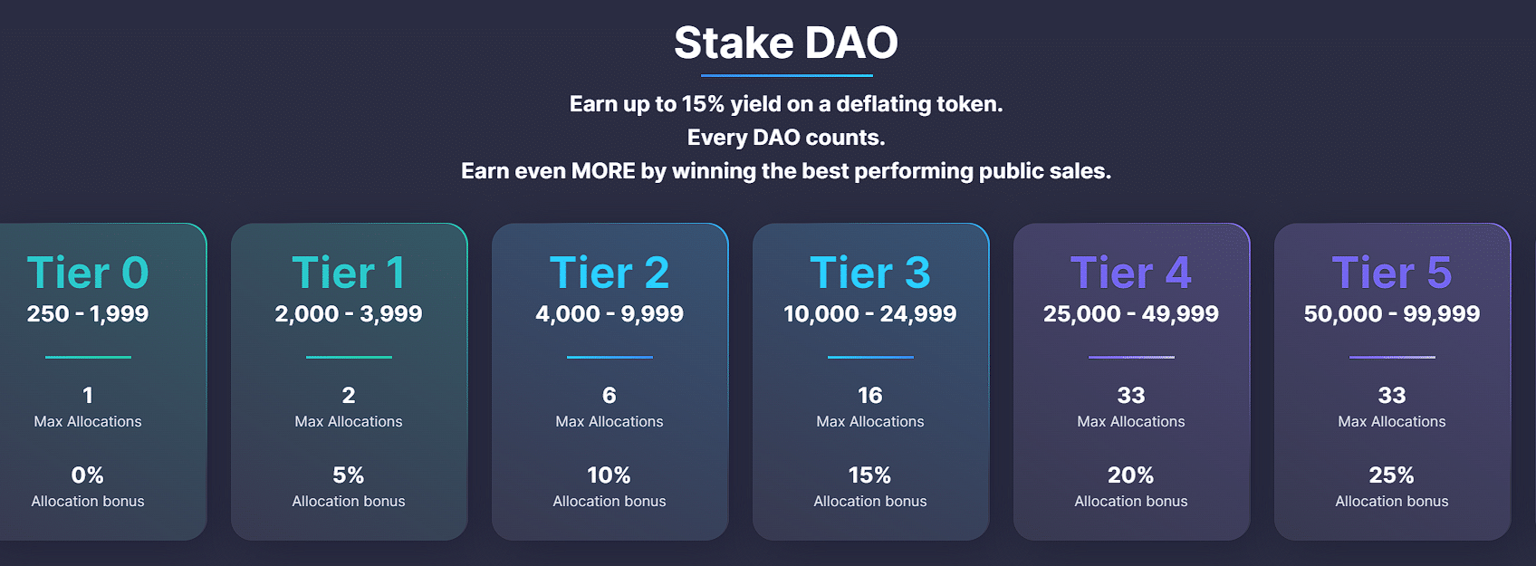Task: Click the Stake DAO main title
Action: pos(785,43)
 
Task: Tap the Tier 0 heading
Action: pos(88,273)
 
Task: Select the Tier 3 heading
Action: pos(869,273)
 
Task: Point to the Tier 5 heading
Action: pos(1391,273)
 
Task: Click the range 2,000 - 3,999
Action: pos(348,314)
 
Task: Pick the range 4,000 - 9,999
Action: pos(609,314)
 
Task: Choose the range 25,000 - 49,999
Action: pos(1130,314)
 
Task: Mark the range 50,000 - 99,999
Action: pos(1391,314)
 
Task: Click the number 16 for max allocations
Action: pos(869,396)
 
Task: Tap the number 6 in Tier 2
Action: pos(609,396)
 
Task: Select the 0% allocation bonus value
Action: pos(88,475)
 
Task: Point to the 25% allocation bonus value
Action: pos(1391,475)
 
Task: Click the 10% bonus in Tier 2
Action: pos(609,475)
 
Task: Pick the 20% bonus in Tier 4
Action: pos(1130,475)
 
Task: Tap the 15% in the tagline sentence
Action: pos(703,104)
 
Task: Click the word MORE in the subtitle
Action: pos(603,171)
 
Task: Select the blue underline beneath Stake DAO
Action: pos(786,75)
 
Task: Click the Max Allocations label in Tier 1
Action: pos(348,422)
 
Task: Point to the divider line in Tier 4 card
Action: pos(1130,357)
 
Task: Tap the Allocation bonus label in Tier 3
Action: pos(869,502)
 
